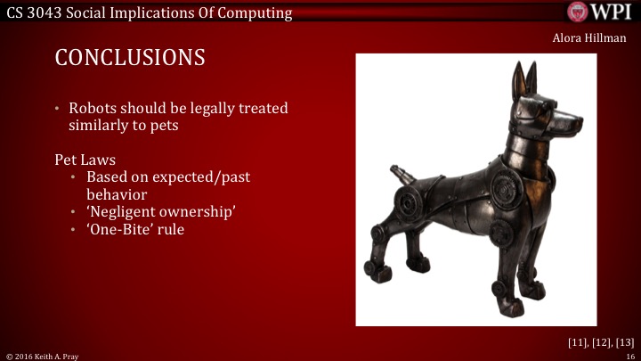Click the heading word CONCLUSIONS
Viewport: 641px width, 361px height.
click(x=130, y=58)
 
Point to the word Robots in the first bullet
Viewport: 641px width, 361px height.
click(x=93, y=108)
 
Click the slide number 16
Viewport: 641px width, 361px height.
click(x=629, y=355)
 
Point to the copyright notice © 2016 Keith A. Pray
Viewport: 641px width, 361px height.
click(x=44, y=355)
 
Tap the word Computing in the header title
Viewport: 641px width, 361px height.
click(x=255, y=12)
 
